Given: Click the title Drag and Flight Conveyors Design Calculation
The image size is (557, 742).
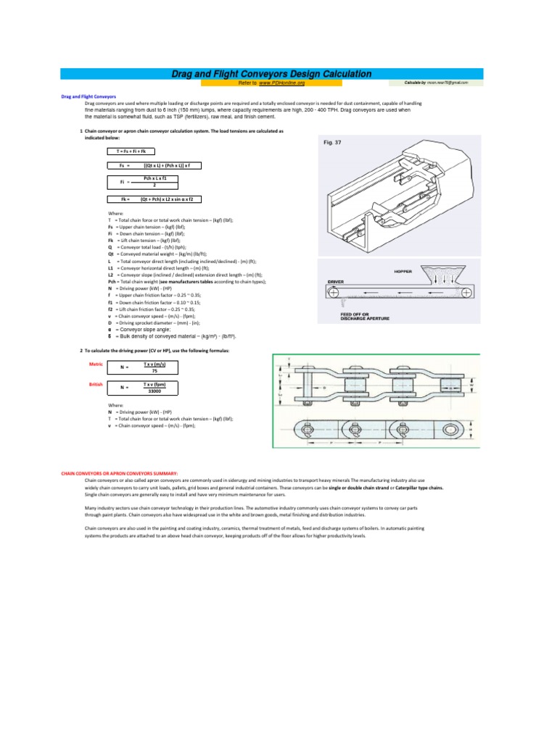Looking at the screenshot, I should (x=271, y=74).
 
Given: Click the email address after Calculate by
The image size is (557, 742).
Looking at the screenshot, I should (x=447, y=83).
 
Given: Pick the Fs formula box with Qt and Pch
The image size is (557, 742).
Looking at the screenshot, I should (x=156, y=165).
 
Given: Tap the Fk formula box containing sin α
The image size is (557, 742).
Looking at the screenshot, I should (x=156, y=199).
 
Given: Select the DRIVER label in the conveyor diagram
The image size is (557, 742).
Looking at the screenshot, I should (x=336, y=281).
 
